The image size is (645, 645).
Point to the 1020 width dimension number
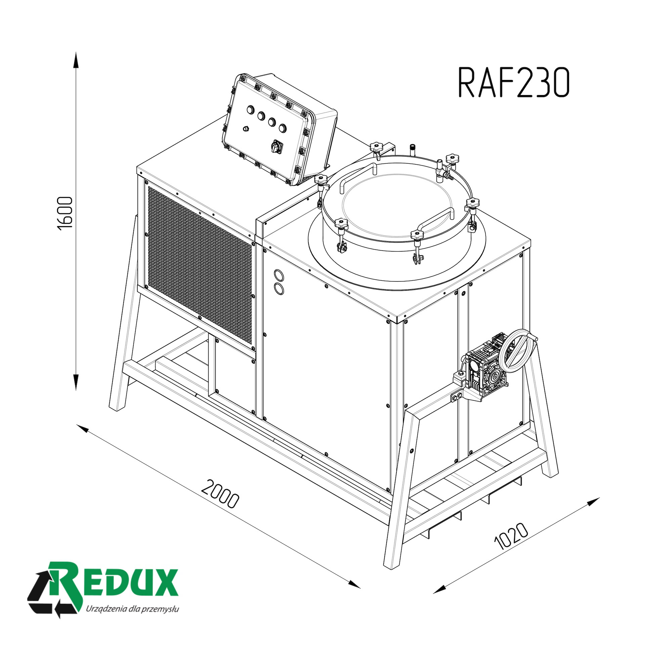[512, 541]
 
